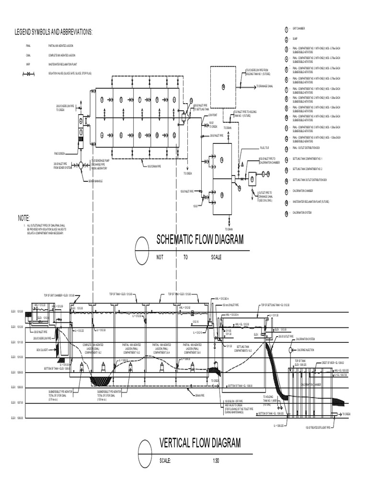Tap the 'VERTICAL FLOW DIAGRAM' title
pos(200,443)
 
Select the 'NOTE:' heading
pos(24,218)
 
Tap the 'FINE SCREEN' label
pos(59,153)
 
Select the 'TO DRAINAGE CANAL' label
pos(263,86)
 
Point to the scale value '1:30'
pos(216,461)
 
